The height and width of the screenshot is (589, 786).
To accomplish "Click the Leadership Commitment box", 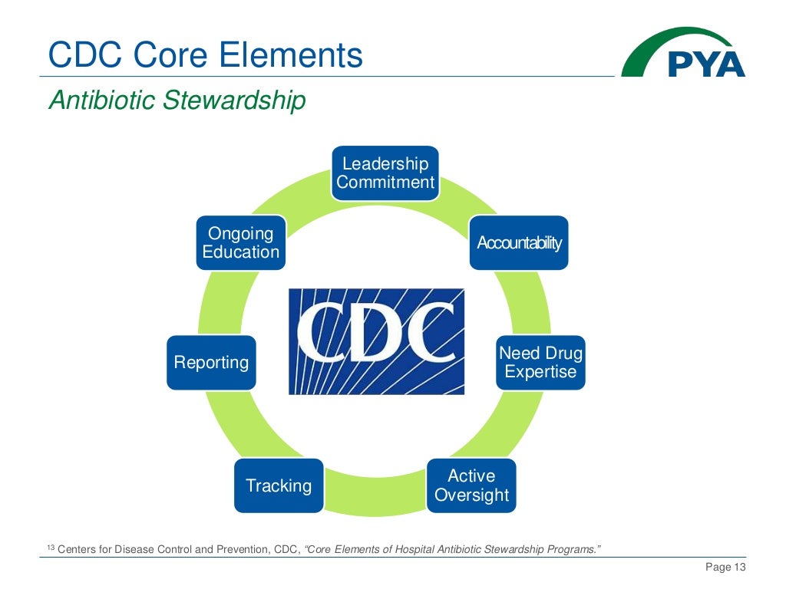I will click(385, 173).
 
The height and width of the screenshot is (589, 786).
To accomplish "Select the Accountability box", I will click(519, 243).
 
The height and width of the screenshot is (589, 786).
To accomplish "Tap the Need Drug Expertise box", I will click(540, 363).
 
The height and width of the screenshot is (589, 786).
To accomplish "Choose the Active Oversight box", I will click(471, 485).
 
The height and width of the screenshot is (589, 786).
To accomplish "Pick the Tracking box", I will click(279, 485).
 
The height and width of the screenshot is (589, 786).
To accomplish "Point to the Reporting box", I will click(211, 362).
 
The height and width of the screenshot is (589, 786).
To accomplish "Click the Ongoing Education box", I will click(240, 243).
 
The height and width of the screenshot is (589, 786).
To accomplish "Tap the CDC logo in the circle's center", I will click(376, 341).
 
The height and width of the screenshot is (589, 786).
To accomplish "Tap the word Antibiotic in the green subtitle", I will click(104, 100).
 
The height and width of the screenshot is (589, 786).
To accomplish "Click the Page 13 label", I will click(725, 567).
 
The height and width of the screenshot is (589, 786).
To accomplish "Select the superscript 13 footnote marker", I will click(51, 546).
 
